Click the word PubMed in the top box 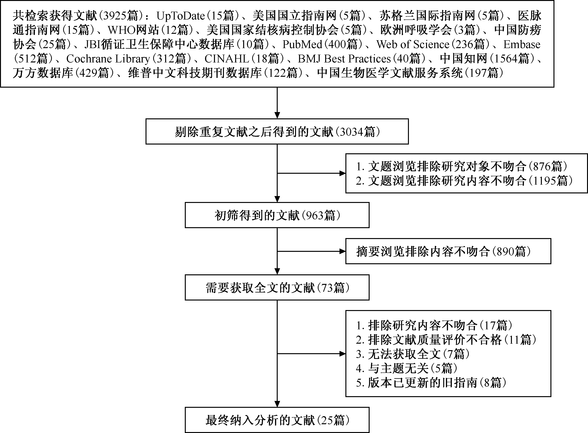pyautogui.click(x=302, y=44)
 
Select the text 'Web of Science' pyautogui.click(x=413, y=44)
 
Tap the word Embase pyautogui.click(x=522, y=44)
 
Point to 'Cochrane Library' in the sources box pyautogui.click(x=108, y=59)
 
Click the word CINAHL pyautogui.click(x=227, y=59)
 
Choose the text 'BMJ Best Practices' pyautogui.click(x=344, y=59)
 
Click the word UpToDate pyautogui.click(x=181, y=16)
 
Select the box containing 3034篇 pyautogui.click(x=277, y=131)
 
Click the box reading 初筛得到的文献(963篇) pyautogui.click(x=277, y=215)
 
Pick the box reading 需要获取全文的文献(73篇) pyautogui.click(x=277, y=287)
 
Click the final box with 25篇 pyautogui.click(x=277, y=420)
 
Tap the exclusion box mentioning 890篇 pyautogui.click(x=448, y=251)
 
